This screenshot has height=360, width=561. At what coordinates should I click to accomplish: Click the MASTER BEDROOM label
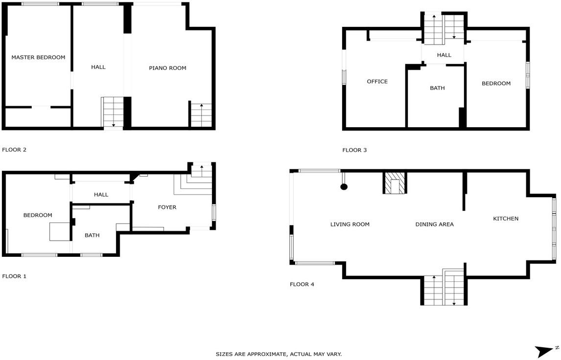pyautogui.click(x=38, y=57)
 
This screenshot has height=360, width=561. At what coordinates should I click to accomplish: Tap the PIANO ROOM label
pyautogui.click(x=167, y=68)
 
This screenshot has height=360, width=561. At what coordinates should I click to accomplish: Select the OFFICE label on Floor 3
pyautogui.click(x=377, y=82)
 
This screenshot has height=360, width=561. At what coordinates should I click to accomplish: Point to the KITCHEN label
pyautogui.click(x=506, y=219)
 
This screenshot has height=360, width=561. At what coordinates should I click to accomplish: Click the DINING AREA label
pyautogui.click(x=434, y=224)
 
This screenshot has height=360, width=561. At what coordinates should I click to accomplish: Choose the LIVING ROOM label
pyautogui.click(x=350, y=224)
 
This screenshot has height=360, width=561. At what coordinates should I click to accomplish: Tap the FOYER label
pyautogui.click(x=167, y=207)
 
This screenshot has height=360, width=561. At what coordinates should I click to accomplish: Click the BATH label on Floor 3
pyautogui.click(x=437, y=88)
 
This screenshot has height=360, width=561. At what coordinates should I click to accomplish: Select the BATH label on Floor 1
pyautogui.click(x=92, y=235)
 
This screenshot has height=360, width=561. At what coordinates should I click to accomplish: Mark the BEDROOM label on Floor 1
pyautogui.click(x=38, y=215)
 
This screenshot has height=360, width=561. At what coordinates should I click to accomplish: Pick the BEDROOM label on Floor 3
pyautogui.click(x=496, y=83)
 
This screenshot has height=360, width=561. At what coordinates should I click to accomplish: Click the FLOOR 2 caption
pyautogui.click(x=14, y=150)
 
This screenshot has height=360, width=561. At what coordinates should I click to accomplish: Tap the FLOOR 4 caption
pyautogui.click(x=302, y=284)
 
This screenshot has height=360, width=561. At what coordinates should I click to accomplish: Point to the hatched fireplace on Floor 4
pyautogui.click(x=395, y=182)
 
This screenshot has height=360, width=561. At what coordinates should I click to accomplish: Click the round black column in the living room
pyautogui.click(x=344, y=186)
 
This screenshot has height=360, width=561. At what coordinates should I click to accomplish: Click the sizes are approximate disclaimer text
pyautogui.click(x=279, y=354)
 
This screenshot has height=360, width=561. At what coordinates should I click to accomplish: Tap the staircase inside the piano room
pyautogui.click(x=201, y=115)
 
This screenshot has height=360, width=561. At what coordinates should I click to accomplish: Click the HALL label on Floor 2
pyautogui.click(x=98, y=67)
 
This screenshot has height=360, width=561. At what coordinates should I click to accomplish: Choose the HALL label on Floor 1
pyautogui.click(x=101, y=195)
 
